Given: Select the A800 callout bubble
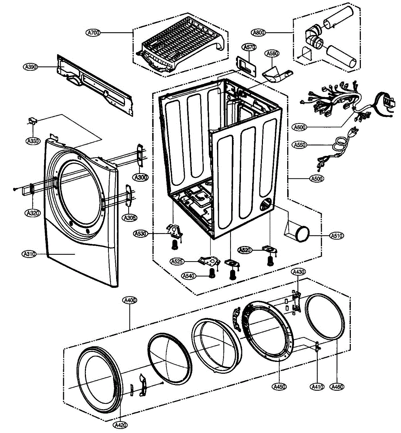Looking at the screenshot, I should coord(259,33).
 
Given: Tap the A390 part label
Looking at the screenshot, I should coord(31,67).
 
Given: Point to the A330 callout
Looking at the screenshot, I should coord(33,141).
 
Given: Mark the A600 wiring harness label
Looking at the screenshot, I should coord(299,127).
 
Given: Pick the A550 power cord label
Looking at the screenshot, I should coord(299,145).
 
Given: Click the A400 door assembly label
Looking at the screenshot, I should coord(129,300).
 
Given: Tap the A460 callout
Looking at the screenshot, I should coord(337,386).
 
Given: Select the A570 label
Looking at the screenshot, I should coord(249,47).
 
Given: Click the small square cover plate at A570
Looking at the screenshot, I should coord(246,67).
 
